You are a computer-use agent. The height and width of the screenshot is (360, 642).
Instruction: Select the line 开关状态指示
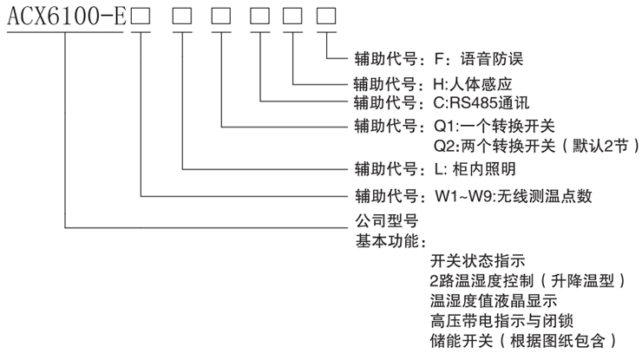pyautogui.click(x=477, y=261)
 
